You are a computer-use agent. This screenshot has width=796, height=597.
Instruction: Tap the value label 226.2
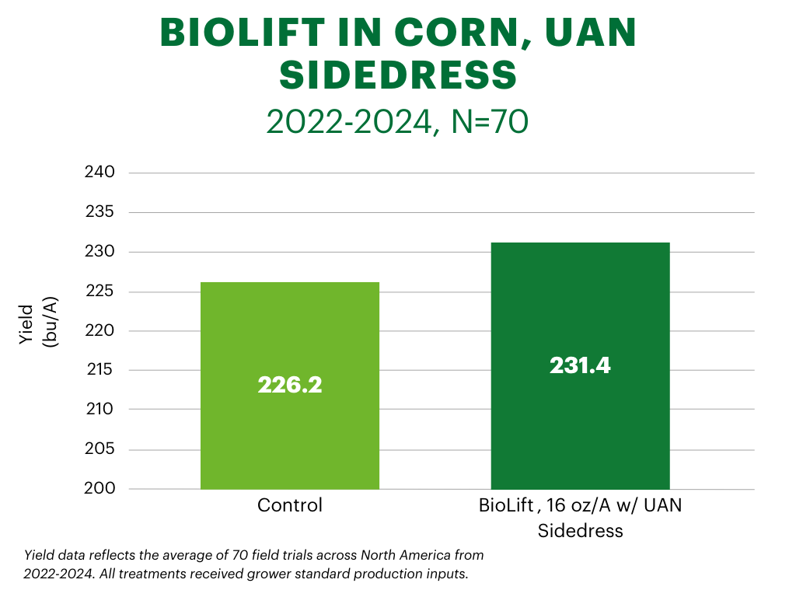pos(289,385)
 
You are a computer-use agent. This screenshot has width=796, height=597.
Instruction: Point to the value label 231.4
pos(580,365)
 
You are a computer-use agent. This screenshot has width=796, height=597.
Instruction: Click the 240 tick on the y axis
pos(99,172)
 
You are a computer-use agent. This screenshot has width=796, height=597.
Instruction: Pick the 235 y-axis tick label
pos(99,211)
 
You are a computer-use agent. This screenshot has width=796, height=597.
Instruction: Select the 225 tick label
pos(99,292)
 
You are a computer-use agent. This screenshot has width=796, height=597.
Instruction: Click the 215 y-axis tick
pos(99,370)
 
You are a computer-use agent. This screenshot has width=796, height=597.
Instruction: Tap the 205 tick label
pos(99,449)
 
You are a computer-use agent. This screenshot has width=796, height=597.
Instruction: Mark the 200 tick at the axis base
pos(99,488)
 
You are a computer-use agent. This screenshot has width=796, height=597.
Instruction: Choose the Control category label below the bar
pos(289,505)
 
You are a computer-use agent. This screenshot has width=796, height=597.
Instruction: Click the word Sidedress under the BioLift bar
pos(580,532)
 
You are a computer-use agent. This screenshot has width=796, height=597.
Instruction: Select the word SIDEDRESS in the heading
pos(398,75)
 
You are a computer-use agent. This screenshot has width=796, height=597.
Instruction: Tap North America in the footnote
pos(404,555)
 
